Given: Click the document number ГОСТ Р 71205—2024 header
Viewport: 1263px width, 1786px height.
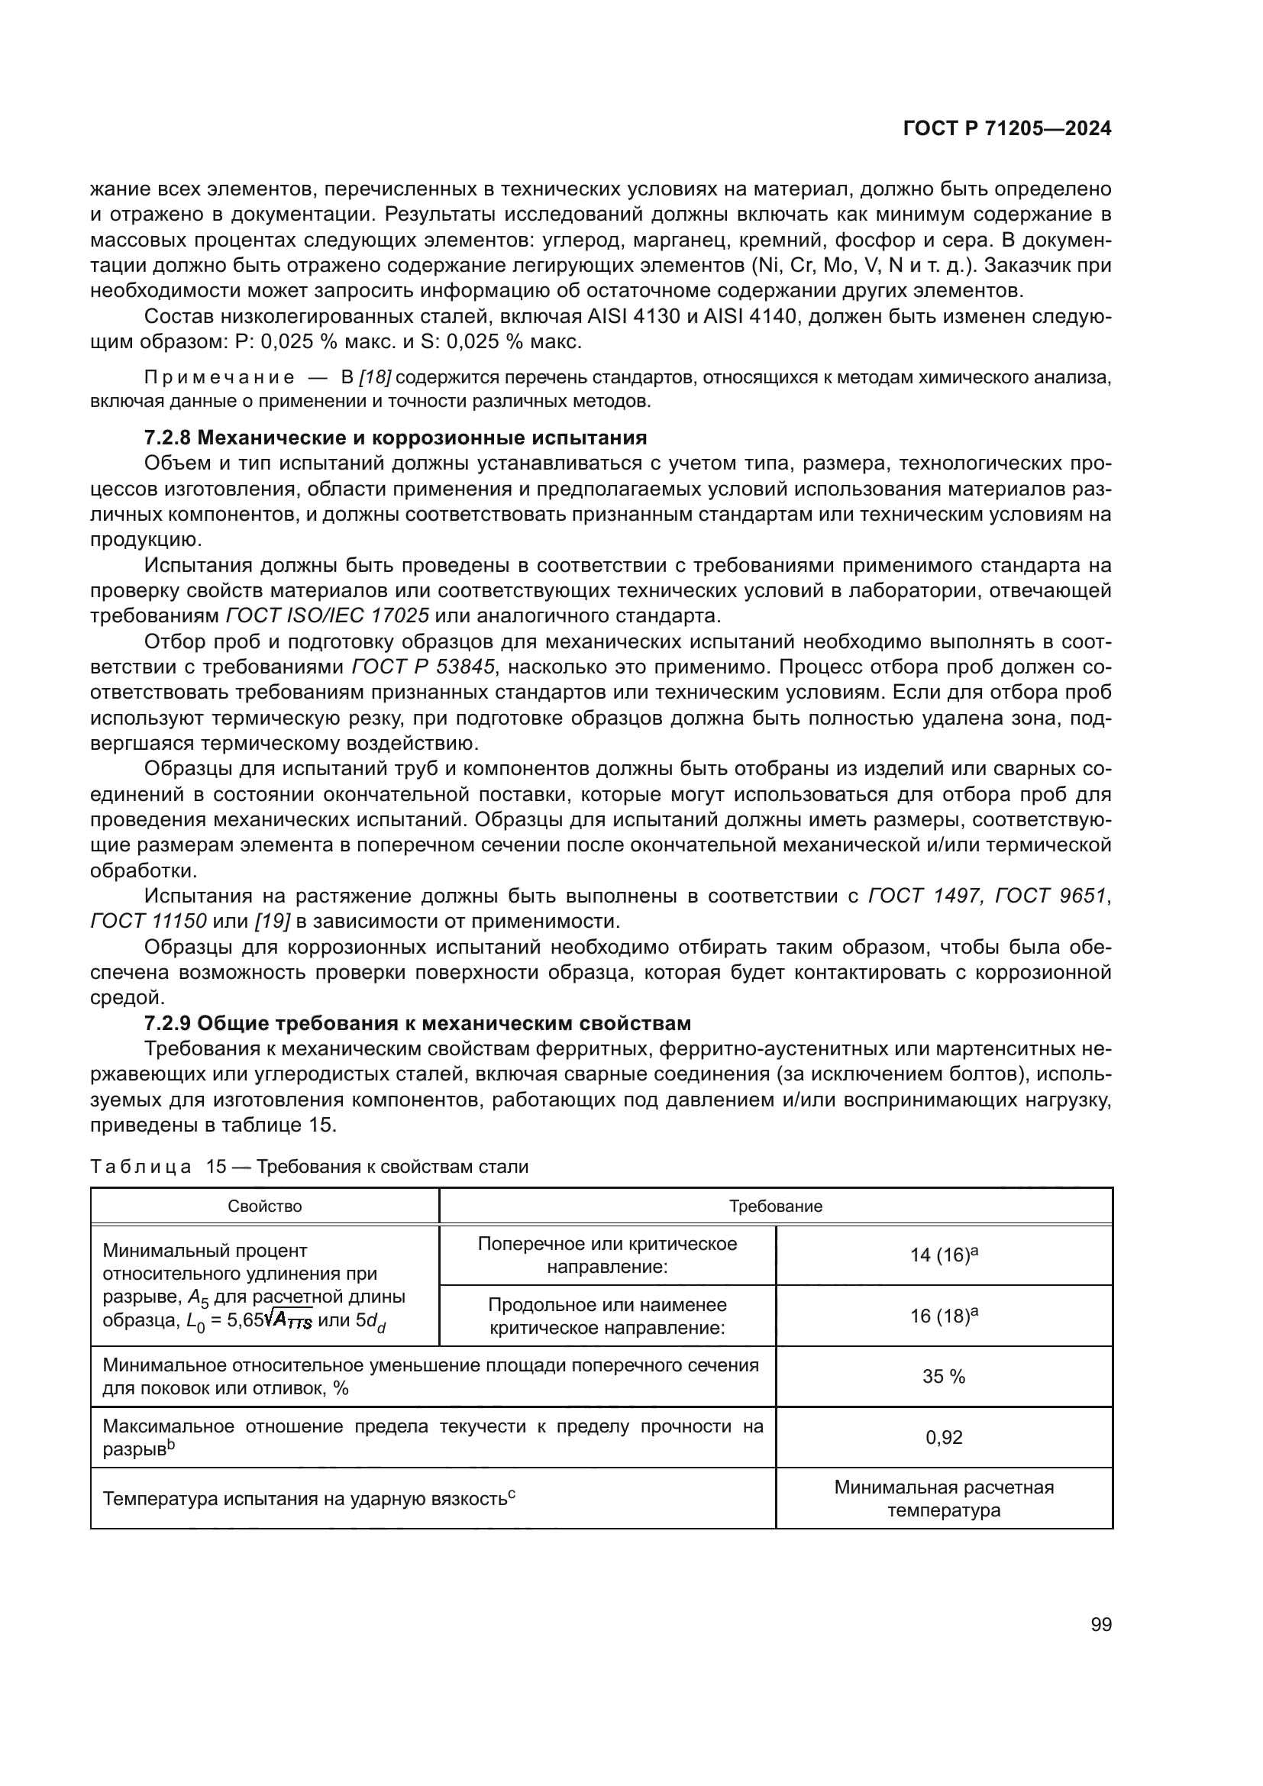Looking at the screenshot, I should coord(1006,128).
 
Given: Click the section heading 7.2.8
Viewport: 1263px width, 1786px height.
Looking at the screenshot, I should coord(395,438).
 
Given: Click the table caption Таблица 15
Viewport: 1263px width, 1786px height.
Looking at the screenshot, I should coord(308,1166).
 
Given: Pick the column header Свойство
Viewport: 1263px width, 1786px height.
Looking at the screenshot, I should coord(264,1206).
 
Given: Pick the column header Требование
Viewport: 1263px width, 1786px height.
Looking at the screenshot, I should coord(774,1206).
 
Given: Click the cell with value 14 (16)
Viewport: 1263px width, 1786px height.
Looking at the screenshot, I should coord(943,1255).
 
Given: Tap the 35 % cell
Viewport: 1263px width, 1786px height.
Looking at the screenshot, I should coord(943,1376).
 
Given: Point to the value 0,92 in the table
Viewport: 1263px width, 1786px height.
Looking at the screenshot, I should coord(943,1437).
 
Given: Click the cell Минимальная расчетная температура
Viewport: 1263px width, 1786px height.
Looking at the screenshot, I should coord(943,1498).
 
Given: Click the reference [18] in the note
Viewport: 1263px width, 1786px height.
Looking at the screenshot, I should coord(376,378).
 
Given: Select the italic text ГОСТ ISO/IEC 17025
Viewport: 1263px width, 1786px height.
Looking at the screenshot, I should coord(327,616).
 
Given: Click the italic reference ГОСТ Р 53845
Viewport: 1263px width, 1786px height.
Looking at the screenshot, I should coord(423,667).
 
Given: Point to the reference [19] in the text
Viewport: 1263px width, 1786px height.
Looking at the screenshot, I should coord(272,921).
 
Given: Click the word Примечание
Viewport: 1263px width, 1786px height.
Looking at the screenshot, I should coord(219,378).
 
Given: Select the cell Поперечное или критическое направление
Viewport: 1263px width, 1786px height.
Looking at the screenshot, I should coord(606,1255).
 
